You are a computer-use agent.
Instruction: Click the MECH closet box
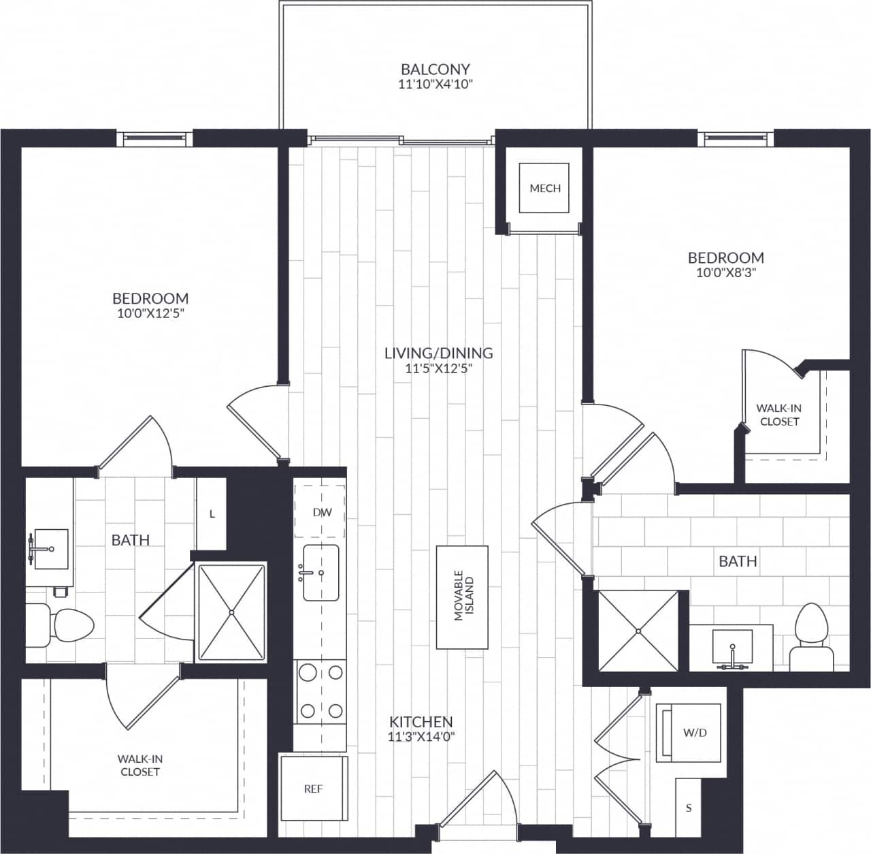pos(544,188)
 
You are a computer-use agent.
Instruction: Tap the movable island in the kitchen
pos(463,597)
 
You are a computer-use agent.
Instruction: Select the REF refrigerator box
pos(313,788)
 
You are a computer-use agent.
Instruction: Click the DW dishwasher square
pos(321,511)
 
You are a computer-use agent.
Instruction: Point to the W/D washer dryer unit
pos(688,733)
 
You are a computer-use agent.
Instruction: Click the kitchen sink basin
pos(321,573)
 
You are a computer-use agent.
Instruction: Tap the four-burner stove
pos(321,692)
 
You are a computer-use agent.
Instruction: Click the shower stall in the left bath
pos(231,612)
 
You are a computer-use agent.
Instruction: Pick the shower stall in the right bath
pos(638,631)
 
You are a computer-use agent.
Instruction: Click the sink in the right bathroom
pos(733,648)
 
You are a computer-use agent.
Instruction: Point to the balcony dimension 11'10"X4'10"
pos(435,85)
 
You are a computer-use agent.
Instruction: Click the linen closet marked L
pos(212,514)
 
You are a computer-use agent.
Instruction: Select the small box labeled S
pos(688,808)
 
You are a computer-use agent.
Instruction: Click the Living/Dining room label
pos(438,353)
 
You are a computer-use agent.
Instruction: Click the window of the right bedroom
pos(736,138)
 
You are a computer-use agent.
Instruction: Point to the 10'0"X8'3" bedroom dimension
pos(725,272)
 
